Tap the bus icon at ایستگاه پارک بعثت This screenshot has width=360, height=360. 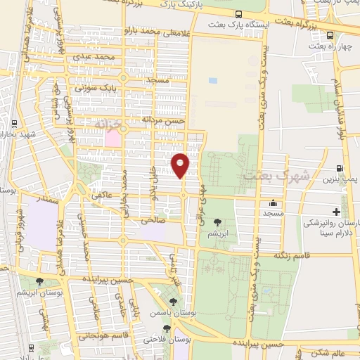240,14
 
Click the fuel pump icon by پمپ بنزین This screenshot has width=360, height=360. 340,169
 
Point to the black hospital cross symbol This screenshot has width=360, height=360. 336,212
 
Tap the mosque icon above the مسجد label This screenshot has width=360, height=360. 272,203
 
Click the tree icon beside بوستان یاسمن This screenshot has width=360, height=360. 173,302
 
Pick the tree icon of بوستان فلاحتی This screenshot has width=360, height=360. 167,328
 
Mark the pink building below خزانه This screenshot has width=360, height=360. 112,139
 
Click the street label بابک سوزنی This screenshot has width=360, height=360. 94,89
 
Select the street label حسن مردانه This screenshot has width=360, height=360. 163,120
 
